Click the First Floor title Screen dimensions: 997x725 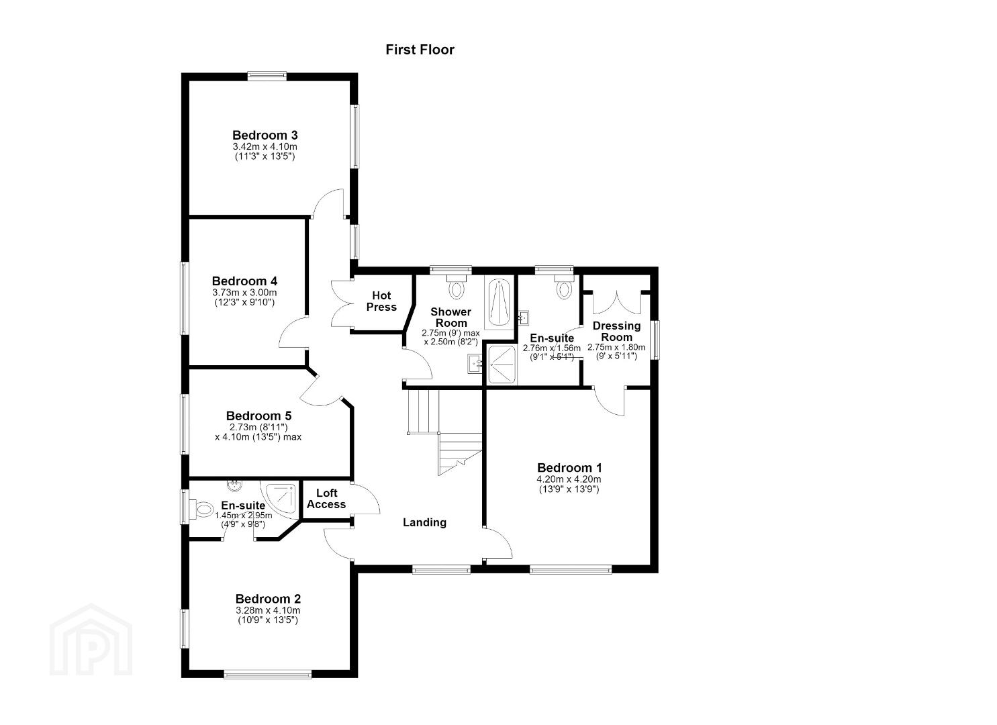point(420,50)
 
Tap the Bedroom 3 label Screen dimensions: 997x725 point(265,135)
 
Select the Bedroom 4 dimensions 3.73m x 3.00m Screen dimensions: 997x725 point(244,293)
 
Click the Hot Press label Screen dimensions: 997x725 point(381,301)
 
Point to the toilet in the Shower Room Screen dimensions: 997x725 point(456,287)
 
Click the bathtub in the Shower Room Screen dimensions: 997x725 point(499,302)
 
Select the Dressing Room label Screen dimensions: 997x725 point(616,331)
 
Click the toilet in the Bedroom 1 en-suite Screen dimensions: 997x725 point(565,287)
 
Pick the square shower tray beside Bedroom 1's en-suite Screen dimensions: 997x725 point(502,365)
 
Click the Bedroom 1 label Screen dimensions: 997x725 point(569,468)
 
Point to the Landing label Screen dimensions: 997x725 point(424,522)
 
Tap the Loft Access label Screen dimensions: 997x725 point(326,499)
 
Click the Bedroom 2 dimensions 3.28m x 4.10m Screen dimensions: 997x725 point(268,610)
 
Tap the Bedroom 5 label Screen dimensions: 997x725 point(258,416)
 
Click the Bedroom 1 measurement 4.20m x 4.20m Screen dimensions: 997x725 point(569,479)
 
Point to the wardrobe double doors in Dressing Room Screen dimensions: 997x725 point(617,302)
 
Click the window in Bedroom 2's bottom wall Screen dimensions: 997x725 point(267,674)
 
